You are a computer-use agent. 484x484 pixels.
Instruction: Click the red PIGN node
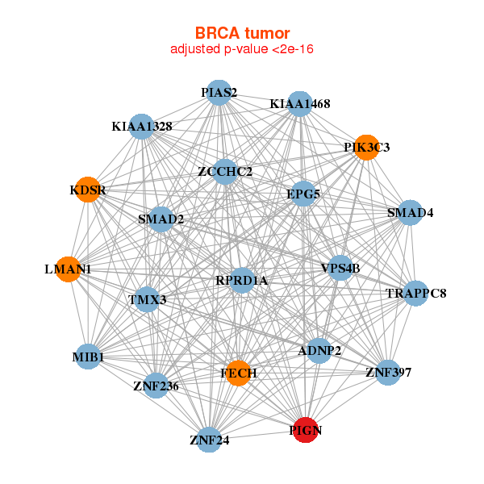[305, 430]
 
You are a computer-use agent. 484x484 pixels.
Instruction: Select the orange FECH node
[237, 373]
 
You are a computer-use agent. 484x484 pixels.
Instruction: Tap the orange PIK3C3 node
[366, 148]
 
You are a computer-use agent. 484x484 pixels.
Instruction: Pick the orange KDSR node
[87, 190]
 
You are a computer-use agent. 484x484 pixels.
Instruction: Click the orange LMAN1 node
[68, 269]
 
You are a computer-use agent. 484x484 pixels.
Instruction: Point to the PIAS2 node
[219, 93]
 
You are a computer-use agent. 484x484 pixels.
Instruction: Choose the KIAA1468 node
[299, 104]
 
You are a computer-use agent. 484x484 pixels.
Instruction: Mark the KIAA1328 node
[142, 127]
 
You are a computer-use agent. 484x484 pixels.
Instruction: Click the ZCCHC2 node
[225, 172]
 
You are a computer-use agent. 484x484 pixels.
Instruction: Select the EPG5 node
[302, 194]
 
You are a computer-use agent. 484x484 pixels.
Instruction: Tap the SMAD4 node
[410, 213]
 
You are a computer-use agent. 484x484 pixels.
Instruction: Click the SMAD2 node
[161, 219]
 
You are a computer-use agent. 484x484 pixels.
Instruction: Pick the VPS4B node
[340, 268]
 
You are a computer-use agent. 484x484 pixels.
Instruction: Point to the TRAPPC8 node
[415, 293]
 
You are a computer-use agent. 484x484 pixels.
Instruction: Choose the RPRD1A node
[241, 280]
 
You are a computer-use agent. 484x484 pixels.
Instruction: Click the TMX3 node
[147, 300]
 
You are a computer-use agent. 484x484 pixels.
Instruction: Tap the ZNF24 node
[209, 440]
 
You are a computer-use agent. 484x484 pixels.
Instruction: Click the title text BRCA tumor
[242, 33]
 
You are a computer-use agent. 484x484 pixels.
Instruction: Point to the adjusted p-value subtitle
[242, 49]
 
